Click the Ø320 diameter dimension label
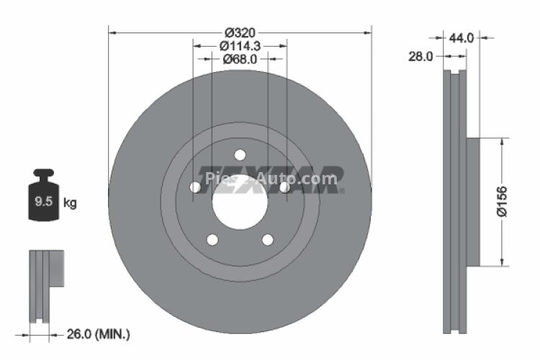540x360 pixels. [x=240, y=32]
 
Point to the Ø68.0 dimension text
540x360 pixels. [x=240, y=59]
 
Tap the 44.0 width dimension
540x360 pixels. [x=461, y=38]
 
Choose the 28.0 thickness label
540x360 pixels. [x=419, y=56]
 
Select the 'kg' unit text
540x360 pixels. [x=71, y=202]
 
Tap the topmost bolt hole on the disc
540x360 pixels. [x=240, y=153]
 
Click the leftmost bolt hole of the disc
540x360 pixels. [x=194, y=187]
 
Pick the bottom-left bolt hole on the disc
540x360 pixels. [x=212, y=240]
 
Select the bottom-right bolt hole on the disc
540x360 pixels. [x=268, y=240]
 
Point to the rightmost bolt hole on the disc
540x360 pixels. [x=285, y=187]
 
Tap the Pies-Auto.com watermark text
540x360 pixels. [x=271, y=178]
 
